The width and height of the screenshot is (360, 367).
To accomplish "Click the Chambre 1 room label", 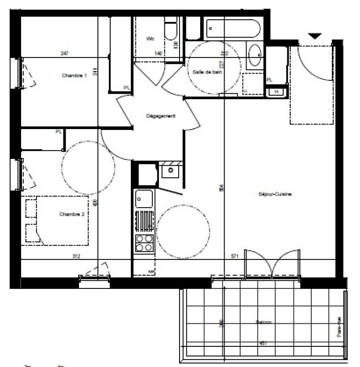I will pyautogui.click(x=74, y=76).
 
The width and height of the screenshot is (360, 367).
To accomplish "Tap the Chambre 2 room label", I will pyautogui.click(x=72, y=214).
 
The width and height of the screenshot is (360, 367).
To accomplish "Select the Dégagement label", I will pyautogui.click(x=161, y=116).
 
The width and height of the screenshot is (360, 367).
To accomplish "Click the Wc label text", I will pyautogui.click(x=150, y=39).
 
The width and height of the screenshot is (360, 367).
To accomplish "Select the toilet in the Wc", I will pyautogui.click(x=172, y=32).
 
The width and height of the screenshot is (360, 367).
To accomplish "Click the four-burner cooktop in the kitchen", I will pyautogui.click(x=144, y=243).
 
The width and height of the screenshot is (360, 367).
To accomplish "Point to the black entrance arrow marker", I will pyautogui.click(x=315, y=36).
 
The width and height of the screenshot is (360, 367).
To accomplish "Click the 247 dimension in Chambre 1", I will pyautogui.click(x=65, y=53).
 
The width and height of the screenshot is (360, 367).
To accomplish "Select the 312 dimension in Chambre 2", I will pyautogui.click(x=76, y=256).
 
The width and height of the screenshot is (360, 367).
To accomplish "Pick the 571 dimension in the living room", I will pyautogui.click(x=234, y=256).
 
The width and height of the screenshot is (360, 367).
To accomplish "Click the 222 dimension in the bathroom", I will pyautogui.click(x=224, y=53).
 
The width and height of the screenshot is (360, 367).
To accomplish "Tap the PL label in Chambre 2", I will pyautogui.click(x=58, y=132).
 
